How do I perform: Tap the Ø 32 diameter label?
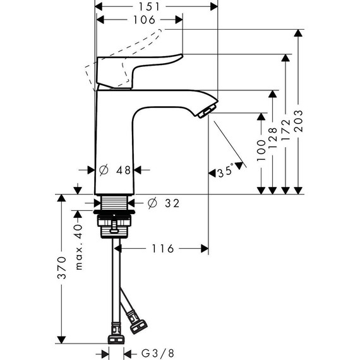(x=164, y=203)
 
